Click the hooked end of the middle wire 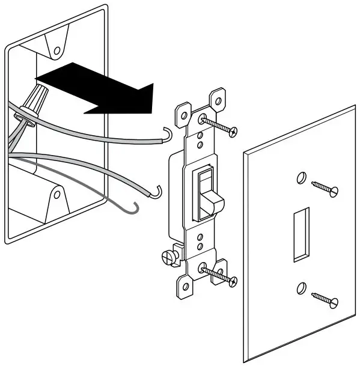(x=158, y=191)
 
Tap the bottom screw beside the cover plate (x=325, y=298)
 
